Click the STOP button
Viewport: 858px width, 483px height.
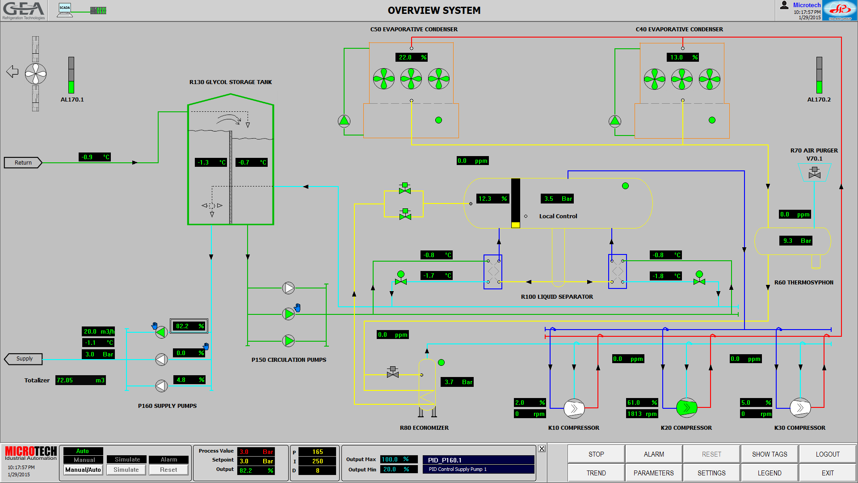pyautogui.click(x=596, y=454)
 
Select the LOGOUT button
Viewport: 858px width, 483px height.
pyautogui.click(x=827, y=454)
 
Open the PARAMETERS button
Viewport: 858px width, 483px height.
pyautogui.click(x=653, y=473)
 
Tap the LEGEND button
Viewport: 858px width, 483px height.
pyautogui.click(x=769, y=473)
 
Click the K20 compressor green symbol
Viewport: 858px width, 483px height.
pyautogui.click(x=686, y=407)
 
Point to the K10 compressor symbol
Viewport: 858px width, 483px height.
pyautogui.click(x=574, y=408)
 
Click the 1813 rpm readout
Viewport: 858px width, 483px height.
pyautogui.click(x=642, y=414)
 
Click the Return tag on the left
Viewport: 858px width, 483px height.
pyautogui.click(x=23, y=163)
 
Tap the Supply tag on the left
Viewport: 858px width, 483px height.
pyautogui.click(x=24, y=359)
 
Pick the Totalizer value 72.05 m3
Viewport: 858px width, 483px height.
pyautogui.click(x=80, y=380)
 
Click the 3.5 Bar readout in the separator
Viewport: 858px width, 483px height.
pyautogui.click(x=557, y=199)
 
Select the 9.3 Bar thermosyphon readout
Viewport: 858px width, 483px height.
pyautogui.click(x=796, y=241)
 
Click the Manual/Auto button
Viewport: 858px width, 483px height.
pyautogui.click(x=83, y=470)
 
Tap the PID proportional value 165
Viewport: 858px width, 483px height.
pyautogui.click(x=317, y=452)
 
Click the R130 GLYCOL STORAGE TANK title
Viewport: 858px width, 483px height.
pyautogui.click(x=231, y=82)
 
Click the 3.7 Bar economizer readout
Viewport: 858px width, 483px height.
pyautogui.click(x=458, y=382)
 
